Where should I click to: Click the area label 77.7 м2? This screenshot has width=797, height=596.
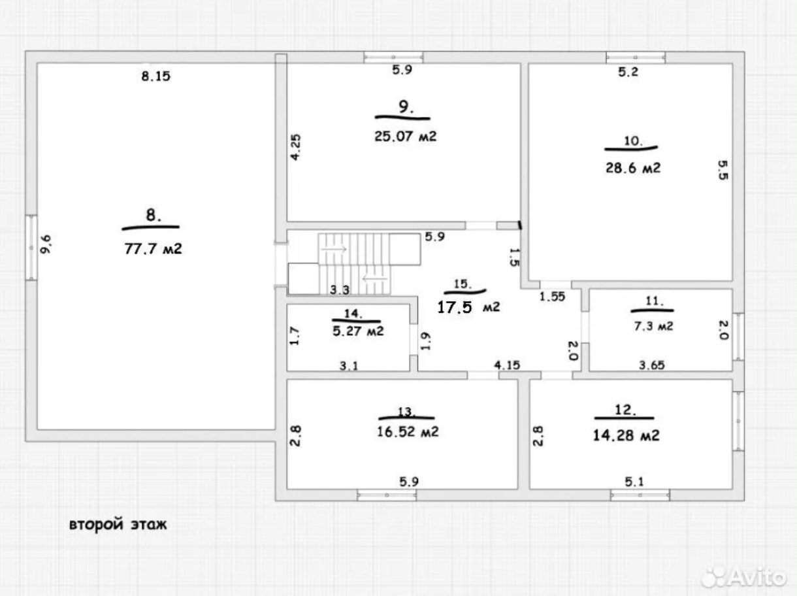coord(153,249)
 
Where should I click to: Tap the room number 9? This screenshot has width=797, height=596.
coord(406,107)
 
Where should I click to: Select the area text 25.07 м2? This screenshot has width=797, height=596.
coord(405,136)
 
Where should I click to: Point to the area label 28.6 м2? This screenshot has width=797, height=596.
coord(633,168)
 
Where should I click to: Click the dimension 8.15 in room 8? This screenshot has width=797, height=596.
coord(155,76)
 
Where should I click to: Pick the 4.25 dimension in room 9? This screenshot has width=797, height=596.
coord(295,147)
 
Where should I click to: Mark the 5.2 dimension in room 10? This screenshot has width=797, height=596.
coord(628,71)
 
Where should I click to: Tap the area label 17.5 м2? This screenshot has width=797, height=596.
coord(468,307)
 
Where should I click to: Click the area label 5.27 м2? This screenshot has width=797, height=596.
coord(358,331)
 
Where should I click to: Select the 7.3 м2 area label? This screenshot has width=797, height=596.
coord(653,326)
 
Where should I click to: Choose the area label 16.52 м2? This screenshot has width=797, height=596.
coord(408,432)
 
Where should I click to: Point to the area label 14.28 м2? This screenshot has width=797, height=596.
coord(626,435)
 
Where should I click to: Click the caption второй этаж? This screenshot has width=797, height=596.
coord(118,525)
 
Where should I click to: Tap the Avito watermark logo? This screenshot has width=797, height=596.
coord(743,577)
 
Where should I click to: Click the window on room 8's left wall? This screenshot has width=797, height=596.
coord(31,248)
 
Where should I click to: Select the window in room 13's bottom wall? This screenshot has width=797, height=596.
coord(387,495)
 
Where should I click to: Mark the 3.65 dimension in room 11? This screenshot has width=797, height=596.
coord(652,365)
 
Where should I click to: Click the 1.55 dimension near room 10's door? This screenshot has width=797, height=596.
coord(552,297)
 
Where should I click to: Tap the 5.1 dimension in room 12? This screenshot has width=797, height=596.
coord(634,482)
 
